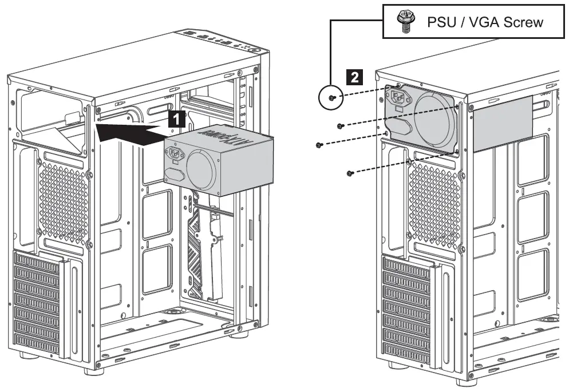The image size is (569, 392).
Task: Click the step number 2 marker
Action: tap(355, 76)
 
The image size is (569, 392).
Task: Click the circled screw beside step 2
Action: tap(331, 98)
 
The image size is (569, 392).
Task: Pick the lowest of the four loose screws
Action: tap(350, 173)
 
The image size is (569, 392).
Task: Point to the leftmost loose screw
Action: tap(318, 145)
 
